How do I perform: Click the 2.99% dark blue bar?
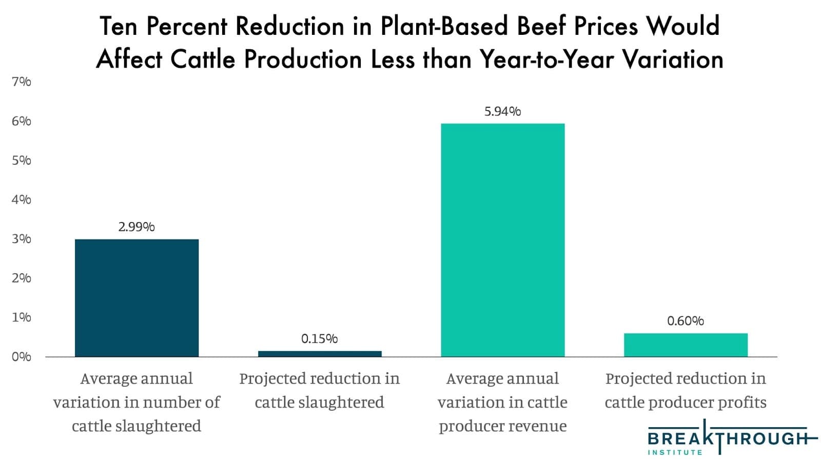pyautogui.click(x=136, y=298)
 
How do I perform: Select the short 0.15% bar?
pyautogui.click(x=320, y=353)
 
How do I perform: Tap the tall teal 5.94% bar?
pyautogui.click(x=502, y=240)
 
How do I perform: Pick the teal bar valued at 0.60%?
pyautogui.click(x=686, y=345)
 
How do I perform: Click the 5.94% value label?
pyautogui.click(x=502, y=111)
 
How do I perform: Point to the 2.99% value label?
pyautogui.click(x=136, y=227)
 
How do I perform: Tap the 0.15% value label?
pyautogui.click(x=319, y=338)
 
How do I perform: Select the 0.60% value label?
pyautogui.click(x=686, y=321)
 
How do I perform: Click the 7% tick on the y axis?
pyautogui.click(x=22, y=82)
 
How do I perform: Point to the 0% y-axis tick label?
pyautogui.click(x=22, y=356)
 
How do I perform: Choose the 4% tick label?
pyautogui.click(x=22, y=199)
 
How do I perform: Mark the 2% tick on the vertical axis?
pyautogui.click(x=22, y=278)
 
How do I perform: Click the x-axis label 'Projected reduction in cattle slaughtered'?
pyautogui.click(x=319, y=390)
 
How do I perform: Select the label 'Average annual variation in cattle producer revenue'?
pyautogui.click(x=502, y=402)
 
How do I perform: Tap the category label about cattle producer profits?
pyautogui.click(x=686, y=390)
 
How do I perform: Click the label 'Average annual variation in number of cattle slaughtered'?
pyautogui.click(x=136, y=402)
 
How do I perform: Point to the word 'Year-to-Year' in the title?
pyautogui.click(x=547, y=59)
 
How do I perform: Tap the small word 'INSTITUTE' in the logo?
pyautogui.click(x=675, y=452)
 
